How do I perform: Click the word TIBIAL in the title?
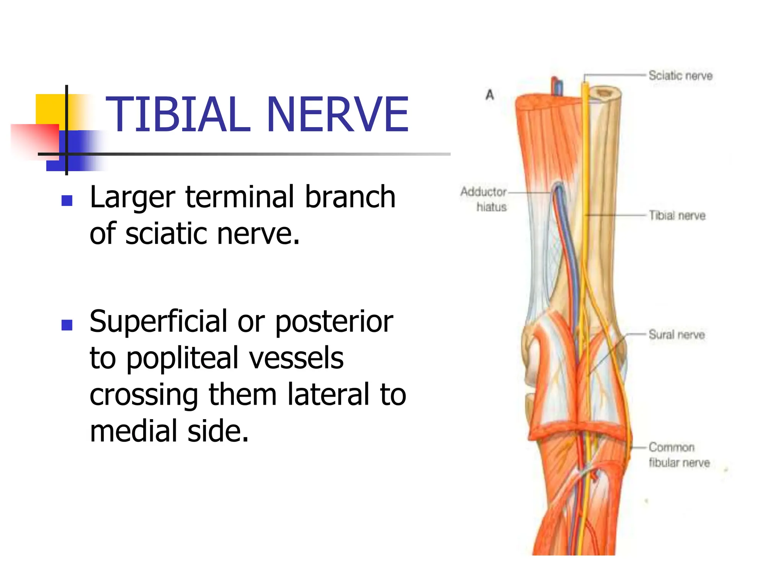178,115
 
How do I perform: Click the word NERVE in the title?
337,115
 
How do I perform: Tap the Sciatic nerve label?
680,75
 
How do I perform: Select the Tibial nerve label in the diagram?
677,216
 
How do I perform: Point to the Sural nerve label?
676,335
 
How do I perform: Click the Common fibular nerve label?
679,455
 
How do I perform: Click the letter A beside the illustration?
490,95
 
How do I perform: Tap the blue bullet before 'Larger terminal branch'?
67,201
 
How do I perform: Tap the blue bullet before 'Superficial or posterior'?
67,325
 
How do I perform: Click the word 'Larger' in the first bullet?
132,198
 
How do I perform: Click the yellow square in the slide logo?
50,109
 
